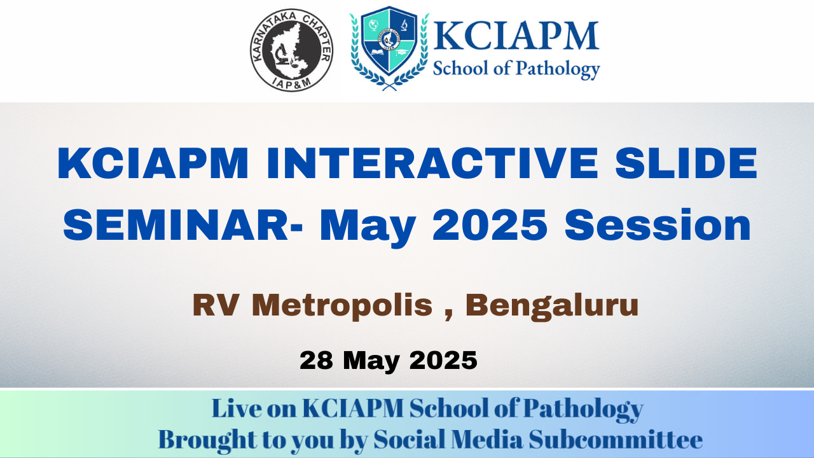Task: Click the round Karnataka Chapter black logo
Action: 291,50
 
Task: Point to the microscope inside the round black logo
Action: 280,55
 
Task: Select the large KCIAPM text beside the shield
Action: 516,35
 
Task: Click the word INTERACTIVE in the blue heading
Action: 432,163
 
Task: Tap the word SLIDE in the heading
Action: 686,163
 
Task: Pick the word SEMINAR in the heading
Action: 176,225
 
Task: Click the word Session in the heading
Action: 658,225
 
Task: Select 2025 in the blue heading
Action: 490,225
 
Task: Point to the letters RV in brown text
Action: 216,305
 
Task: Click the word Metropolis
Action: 342,307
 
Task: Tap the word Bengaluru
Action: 552,307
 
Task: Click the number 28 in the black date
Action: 316,360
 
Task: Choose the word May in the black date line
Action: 371,362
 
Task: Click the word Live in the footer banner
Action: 236,408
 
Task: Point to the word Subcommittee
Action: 616,440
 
